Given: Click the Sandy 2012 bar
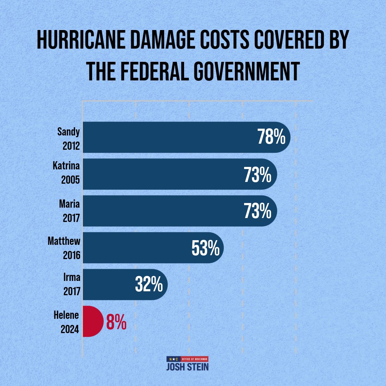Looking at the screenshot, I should coord(168,137).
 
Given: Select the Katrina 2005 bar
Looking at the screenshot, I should coord(161,174).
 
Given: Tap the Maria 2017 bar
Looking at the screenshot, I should coord(161,211).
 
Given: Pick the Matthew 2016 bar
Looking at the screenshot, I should coord(136,248).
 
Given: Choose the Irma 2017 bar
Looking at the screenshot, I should coord(107,284).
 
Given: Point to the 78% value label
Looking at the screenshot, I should coord(271,138).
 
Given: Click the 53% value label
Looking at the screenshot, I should coord(205,248).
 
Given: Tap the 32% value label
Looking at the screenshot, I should coord(149,285).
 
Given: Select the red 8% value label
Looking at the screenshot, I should coord(116,322).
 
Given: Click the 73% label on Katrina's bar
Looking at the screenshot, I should coord(258,174).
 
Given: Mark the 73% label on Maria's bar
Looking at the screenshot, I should coord(258,211).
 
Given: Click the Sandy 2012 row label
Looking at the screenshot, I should coord(68,138).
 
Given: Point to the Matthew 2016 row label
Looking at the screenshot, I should coord(64,248).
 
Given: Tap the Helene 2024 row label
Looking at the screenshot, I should coord(67,322).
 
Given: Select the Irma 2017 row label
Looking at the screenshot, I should coord(70,285).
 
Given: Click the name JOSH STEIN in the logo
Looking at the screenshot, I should coord(187,367).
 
